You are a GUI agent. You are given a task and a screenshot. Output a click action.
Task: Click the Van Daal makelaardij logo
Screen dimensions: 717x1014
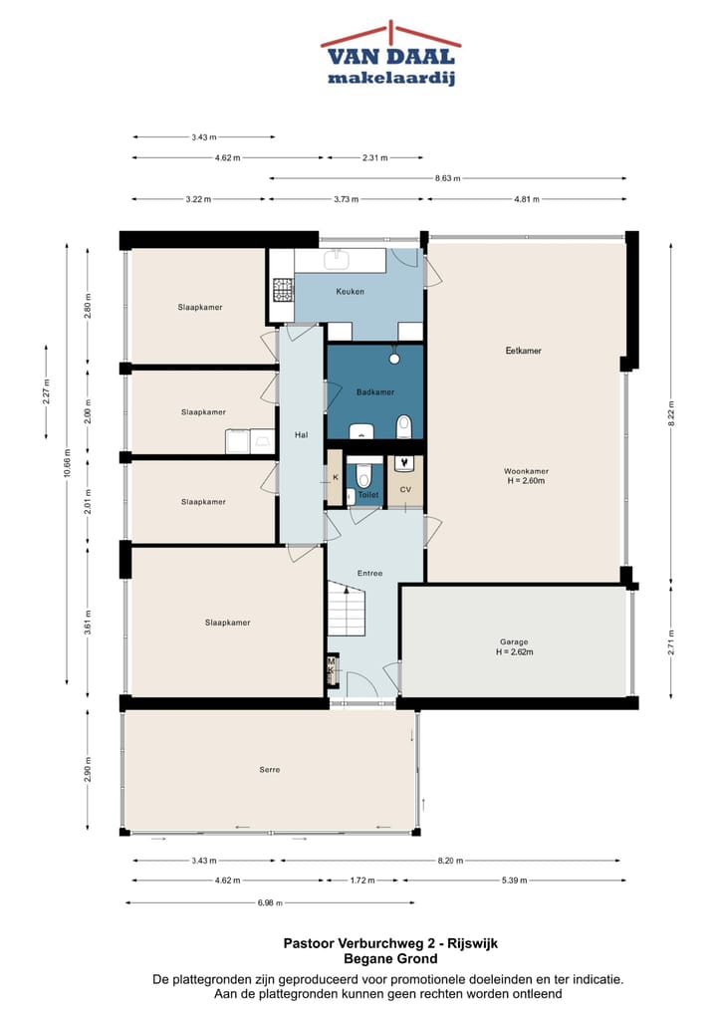(390, 54)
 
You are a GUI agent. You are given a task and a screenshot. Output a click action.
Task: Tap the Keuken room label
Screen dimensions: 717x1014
(350, 292)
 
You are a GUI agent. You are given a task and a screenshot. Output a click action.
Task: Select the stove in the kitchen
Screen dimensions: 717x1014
(283, 290)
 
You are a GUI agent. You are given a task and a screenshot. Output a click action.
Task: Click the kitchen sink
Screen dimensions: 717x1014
(337, 260)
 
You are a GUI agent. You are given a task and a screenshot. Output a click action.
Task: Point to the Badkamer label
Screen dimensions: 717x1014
(375, 391)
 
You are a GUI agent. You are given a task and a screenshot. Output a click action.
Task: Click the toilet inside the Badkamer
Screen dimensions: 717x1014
(404, 426)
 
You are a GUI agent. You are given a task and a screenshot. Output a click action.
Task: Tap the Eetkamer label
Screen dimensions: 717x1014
(523, 351)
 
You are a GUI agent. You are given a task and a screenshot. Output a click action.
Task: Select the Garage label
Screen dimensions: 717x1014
(514, 642)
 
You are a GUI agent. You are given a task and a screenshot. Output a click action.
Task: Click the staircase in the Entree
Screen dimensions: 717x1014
(348, 609)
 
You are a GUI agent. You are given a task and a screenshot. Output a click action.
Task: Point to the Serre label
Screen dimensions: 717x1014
(270, 770)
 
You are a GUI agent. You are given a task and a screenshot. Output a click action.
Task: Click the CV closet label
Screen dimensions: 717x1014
(405, 489)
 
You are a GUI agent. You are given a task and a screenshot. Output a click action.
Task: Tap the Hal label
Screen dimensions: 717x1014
(302, 435)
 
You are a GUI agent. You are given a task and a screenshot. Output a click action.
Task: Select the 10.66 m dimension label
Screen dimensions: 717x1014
(67, 463)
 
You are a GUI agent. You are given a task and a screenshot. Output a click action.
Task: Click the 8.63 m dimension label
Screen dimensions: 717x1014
(447, 178)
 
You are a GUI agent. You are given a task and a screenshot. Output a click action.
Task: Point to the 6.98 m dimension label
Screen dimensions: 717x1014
(270, 902)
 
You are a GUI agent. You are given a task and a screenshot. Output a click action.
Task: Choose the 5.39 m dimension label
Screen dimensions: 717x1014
(514, 881)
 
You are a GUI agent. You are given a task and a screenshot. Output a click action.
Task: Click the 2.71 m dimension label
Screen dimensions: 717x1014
(671, 642)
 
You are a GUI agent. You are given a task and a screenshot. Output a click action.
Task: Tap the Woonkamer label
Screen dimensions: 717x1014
(526, 471)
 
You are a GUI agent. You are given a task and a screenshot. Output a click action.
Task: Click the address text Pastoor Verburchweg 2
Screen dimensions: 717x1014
(360, 943)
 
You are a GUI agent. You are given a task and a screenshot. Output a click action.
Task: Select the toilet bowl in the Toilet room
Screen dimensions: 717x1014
(364, 476)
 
